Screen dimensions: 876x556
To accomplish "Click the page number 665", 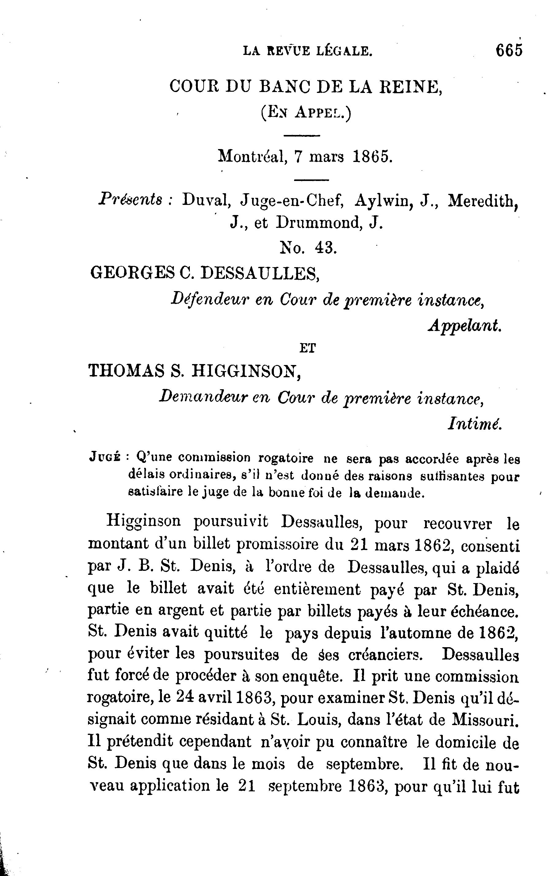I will (x=509, y=50).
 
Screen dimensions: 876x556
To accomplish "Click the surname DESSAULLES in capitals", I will (x=260, y=273).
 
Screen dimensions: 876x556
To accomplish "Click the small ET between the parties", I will (x=308, y=348).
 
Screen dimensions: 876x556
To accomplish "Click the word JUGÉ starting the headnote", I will (x=105, y=458).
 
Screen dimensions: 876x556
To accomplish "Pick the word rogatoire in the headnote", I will (x=286, y=458).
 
